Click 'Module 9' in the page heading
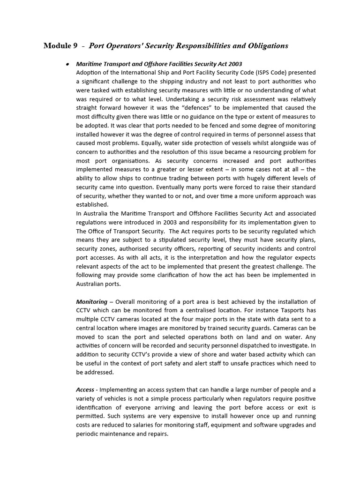click(60, 45)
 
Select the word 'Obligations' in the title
click(267, 45)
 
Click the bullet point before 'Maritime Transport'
click(68, 64)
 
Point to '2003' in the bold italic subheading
click(234, 64)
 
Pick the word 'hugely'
click(251, 178)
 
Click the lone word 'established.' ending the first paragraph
click(92, 205)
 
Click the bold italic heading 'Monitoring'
click(91, 301)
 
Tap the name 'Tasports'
click(277, 310)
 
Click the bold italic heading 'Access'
click(86, 390)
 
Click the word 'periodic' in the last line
click(88, 434)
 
